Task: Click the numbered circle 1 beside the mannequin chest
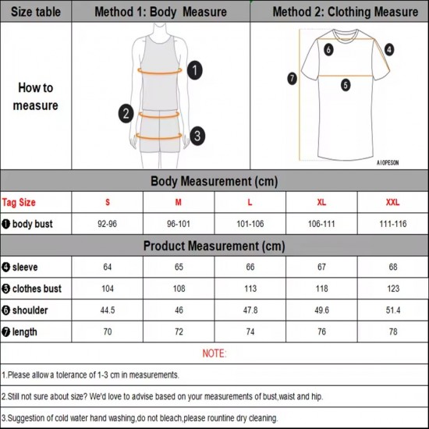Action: [195, 70]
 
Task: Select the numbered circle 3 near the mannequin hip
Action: [198, 136]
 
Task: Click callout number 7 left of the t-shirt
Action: [292, 78]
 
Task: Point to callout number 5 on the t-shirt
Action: [346, 86]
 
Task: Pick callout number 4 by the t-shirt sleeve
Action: [389, 49]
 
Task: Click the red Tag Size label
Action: [19, 202]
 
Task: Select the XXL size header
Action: [392, 202]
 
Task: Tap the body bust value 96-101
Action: [179, 224]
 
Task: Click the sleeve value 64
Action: [108, 268]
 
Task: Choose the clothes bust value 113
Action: [250, 289]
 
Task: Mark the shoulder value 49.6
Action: [321, 310]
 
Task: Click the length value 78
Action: [392, 331]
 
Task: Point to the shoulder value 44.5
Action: [108, 310]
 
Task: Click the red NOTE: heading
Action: [214, 353]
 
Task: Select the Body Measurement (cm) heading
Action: [214, 181]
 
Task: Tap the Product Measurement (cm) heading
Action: [214, 246]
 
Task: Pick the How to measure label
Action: [35, 97]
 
